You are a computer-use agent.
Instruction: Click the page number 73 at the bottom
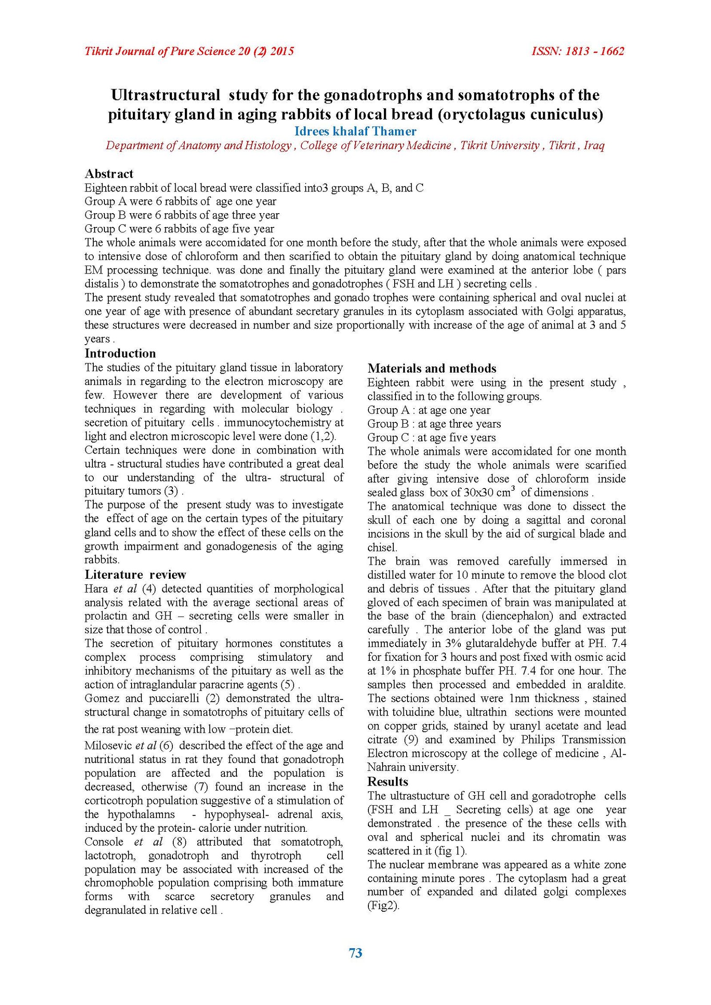tap(355, 953)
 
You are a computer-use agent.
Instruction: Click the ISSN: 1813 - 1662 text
tap(578, 51)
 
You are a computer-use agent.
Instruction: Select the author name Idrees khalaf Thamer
tap(355, 131)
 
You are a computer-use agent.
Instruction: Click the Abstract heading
tap(109, 174)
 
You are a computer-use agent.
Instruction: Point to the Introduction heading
tap(120, 353)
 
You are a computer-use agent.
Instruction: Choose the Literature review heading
tap(136, 574)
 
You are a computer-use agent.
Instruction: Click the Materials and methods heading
tap(432, 368)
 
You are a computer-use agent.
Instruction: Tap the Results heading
tap(388, 781)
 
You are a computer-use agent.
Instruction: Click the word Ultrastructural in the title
tap(165, 95)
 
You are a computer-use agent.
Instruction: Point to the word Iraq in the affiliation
tap(594, 145)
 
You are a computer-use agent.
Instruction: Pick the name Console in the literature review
tap(104, 842)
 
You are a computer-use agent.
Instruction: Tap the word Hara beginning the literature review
tap(96, 589)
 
